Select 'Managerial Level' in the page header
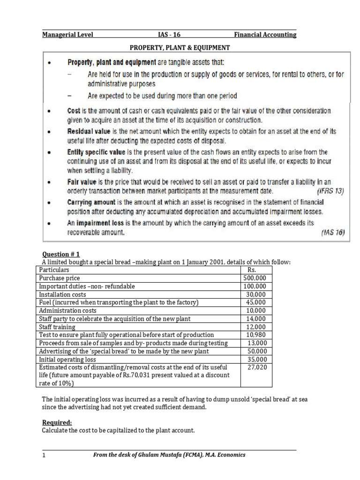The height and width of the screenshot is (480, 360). [x=67, y=35]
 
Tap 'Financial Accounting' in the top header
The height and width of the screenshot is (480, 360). [x=265, y=35]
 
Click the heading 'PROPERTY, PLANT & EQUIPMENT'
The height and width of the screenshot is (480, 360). [x=180, y=47]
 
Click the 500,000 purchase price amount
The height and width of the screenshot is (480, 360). [x=254, y=278]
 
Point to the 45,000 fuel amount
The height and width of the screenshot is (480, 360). [x=256, y=302]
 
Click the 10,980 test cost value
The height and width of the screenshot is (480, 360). [x=256, y=335]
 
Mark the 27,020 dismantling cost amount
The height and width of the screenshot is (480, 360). [x=256, y=367]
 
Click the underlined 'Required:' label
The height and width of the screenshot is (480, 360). [x=57, y=422]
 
